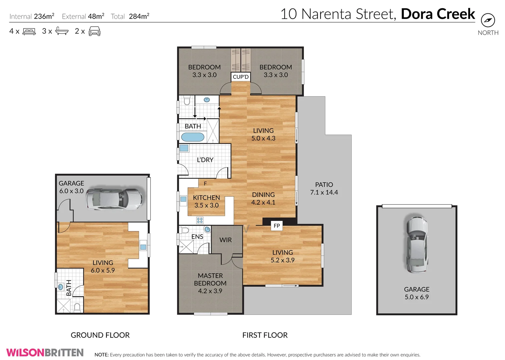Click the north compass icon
488,20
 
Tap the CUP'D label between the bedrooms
240,77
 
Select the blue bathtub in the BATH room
192,137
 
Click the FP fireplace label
277,226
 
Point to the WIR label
225,240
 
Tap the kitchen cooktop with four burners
200,220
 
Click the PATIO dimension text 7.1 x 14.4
324,192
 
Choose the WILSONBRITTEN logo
45,352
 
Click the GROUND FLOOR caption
100,335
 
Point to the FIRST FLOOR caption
265,335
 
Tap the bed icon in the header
29,32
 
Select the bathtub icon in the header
62,31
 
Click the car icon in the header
94,31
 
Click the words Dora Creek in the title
438,14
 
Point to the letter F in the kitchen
205,183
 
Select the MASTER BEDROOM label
210,283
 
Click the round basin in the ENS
207,229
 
